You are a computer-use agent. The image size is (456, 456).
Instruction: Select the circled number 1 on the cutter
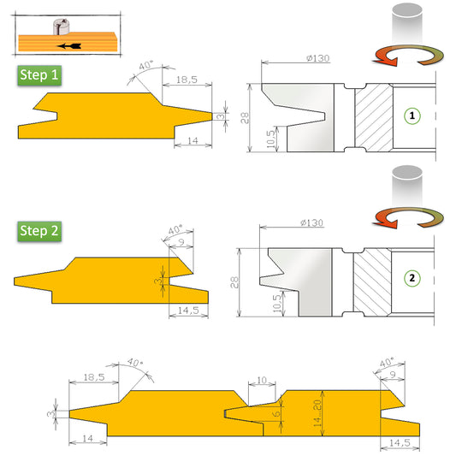click(413, 115)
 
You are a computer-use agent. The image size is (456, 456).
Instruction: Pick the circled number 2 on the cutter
click(413, 278)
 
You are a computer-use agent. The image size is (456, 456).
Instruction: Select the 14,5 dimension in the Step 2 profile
click(190, 310)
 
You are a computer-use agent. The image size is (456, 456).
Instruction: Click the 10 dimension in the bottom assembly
click(262, 378)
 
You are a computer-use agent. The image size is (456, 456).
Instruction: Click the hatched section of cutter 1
click(373, 117)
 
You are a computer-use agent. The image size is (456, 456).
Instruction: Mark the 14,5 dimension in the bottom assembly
click(400, 443)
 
